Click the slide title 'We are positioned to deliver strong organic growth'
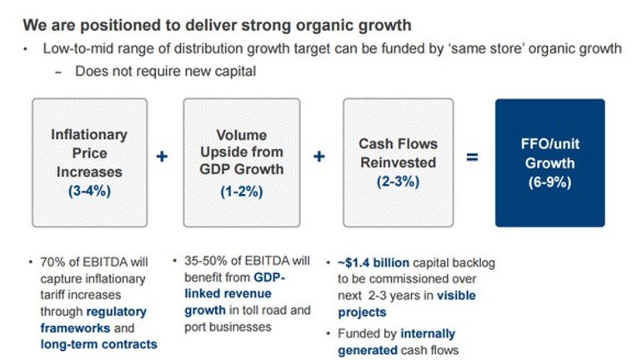click(217, 25)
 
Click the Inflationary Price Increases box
click(90, 162)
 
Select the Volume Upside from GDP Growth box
click(242, 162)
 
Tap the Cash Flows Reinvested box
click(399, 162)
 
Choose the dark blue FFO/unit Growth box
click(550, 162)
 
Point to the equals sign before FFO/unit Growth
click(472, 157)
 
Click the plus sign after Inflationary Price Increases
click(162, 157)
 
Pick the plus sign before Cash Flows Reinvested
click(319, 157)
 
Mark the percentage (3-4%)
click(89, 191)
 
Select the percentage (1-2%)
click(242, 191)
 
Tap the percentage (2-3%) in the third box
click(399, 181)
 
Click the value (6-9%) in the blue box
click(550, 182)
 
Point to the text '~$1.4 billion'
click(374, 263)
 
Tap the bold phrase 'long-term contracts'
click(98, 344)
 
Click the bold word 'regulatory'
click(116, 312)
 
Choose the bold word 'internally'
click(428, 333)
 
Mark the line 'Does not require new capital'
click(165, 72)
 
